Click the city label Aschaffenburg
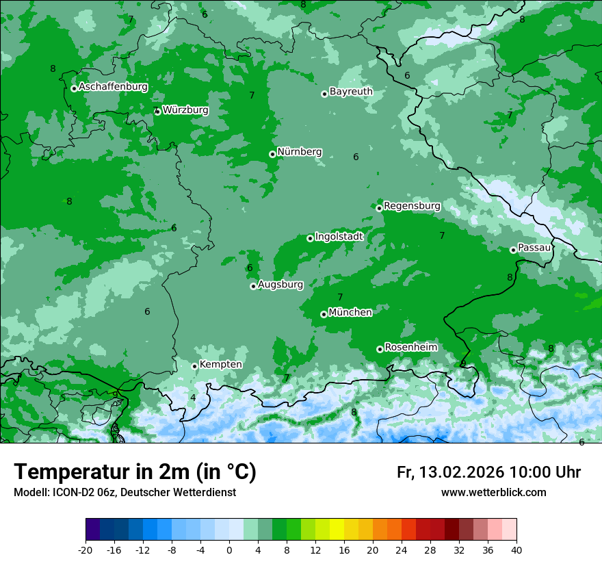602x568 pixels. click(x=113, y=87)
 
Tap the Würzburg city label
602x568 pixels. click(x=185, y=110)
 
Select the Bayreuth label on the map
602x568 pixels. click(x=351, y=91)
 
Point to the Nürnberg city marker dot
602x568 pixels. click(x=272, y=154)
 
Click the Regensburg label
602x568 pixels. click(x=412, y=206)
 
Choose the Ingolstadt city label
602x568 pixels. click(x=339, y=237)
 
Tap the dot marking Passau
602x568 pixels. click(x=513, y=250)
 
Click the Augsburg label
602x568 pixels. click(x=280, y=285)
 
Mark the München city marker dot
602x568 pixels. click(x=324, y=314)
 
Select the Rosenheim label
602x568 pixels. click(x=410, y=348)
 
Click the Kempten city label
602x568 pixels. click(x=220, y=365)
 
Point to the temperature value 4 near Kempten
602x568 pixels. click(x=193, y=398)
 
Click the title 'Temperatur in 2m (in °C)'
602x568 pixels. click(x=135, y=472)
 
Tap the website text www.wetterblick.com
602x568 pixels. click(x=493, y=492)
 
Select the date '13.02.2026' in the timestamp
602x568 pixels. click(x=460, y=472)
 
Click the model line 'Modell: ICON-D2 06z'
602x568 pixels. click(x=65, y=492)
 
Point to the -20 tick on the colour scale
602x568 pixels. click(x=86, y=550)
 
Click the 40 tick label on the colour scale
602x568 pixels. click(x=516, y=550)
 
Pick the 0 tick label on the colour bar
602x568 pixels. click(x=229, y=550)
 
